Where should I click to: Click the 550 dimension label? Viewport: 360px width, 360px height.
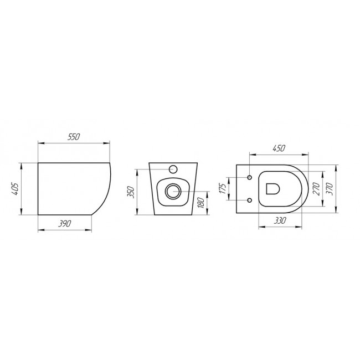74,137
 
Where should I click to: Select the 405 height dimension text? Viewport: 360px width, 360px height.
14,189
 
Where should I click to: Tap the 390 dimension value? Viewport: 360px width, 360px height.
64,224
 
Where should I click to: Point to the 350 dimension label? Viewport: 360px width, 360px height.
130,192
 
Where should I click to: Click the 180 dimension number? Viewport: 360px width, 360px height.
201,203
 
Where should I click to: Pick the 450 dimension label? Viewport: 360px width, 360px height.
279,148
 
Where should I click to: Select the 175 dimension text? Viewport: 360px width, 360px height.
223,188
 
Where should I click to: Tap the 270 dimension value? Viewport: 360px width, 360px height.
317,189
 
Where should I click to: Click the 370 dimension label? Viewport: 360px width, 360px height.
330,189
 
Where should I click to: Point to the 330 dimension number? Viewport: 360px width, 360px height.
280,220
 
